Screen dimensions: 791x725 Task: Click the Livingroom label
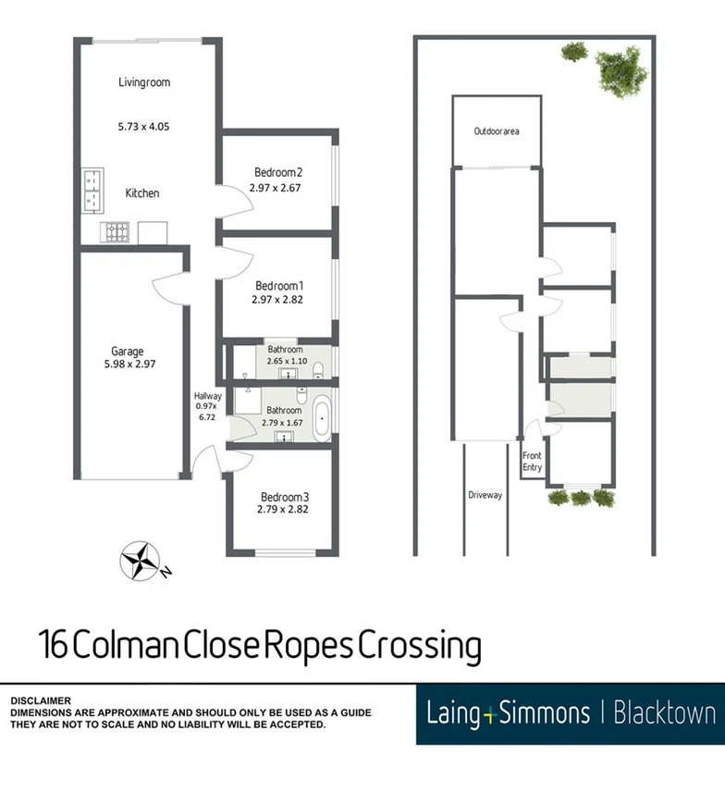[144, 82]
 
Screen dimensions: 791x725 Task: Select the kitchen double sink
[92, 189]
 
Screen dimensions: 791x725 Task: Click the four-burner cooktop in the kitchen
[118, 231]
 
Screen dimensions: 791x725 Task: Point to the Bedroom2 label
[278, 172]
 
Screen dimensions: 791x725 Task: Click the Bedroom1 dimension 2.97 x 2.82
[277, 300]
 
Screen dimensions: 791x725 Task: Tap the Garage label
[128, 351]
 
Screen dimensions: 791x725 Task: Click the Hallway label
[207, 397]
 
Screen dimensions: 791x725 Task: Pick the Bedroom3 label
[283, 495]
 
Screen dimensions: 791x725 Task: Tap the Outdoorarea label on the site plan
[497, 131]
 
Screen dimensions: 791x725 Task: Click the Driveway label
[484, 495]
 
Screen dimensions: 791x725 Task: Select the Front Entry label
[532, 462]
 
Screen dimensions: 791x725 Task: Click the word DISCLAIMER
[41, 701]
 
